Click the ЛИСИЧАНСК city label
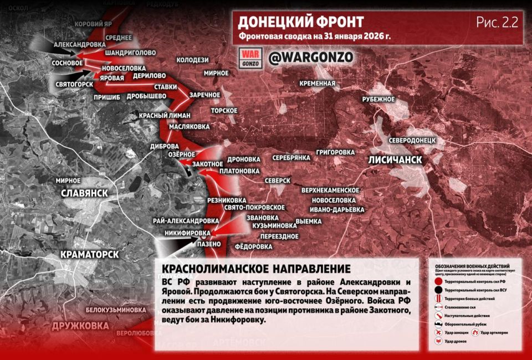395,160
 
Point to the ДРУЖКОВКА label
81,326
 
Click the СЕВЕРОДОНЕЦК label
412,141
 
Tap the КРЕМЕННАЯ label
317,83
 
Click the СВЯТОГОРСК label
74,84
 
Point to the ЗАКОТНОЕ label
208,164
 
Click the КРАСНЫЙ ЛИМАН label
165,115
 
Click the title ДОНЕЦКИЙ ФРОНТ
301,22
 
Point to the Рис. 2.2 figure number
497,22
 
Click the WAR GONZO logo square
249,58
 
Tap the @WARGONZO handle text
310,57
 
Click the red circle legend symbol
438,281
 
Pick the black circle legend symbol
438,290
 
